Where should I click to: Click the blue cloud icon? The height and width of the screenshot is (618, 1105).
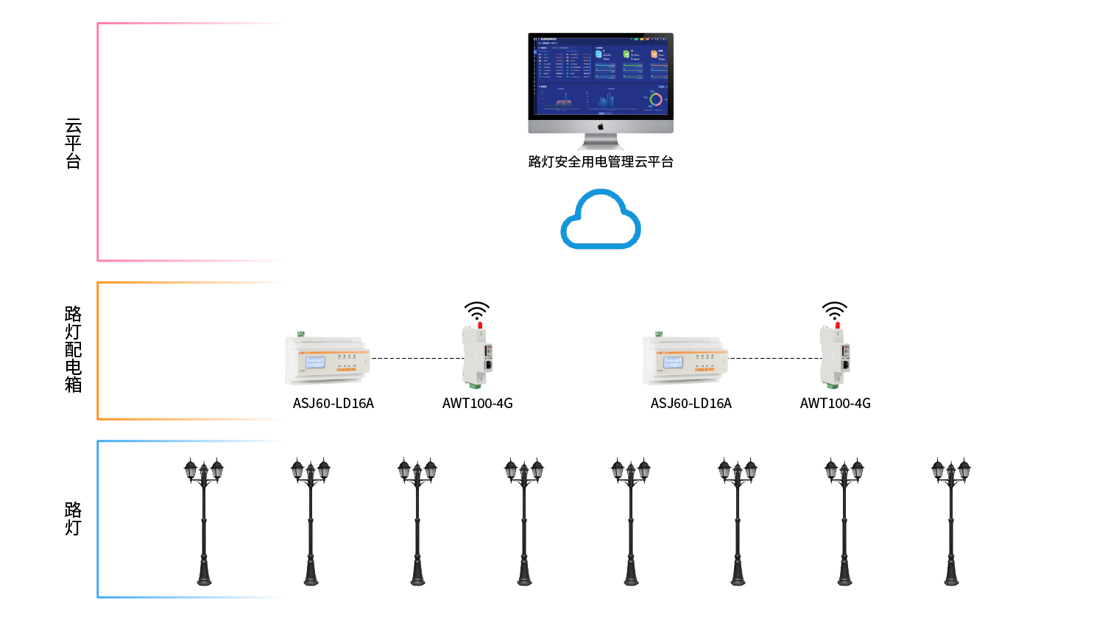click(x=601, y=220)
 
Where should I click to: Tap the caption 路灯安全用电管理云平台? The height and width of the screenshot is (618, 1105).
click(x=601, y=162)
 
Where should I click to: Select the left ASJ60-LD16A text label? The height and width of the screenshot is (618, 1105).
click(x=333, y=404)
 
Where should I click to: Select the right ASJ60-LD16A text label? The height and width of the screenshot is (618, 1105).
click(x=691, y=404)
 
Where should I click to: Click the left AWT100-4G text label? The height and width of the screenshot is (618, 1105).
click(x=477, y=404)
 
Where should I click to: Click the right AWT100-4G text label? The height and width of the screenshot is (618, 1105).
click(x=835, y=404)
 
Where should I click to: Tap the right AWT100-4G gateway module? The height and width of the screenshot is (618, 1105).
click(x=834, y=357)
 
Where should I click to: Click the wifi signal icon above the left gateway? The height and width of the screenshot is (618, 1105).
click(x=476, y=310)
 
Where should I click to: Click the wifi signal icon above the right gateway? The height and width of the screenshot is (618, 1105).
click(x=834, y=310)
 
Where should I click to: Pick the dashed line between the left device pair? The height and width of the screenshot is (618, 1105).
click(x=417, y=359)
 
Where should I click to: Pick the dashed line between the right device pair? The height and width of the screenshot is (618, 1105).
click(x=774, y=359)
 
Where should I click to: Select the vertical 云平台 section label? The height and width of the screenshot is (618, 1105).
click(x=73, y=144)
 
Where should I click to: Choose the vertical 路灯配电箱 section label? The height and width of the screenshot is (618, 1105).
click(x=73, y=349)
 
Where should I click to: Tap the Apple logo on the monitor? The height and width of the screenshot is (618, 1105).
click(x=601, y=127)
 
